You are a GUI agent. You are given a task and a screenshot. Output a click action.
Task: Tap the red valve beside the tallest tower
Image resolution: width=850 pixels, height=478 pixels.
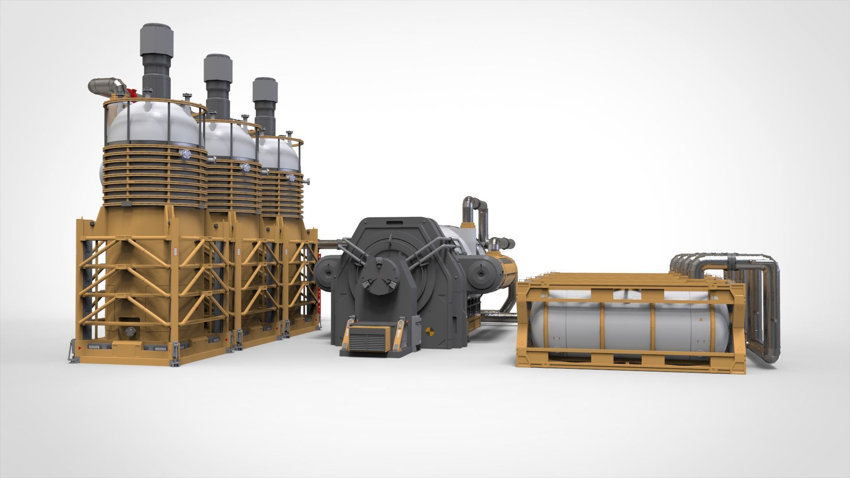click(131, 93)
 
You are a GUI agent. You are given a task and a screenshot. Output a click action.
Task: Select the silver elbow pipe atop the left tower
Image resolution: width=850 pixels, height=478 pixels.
click(106, 85)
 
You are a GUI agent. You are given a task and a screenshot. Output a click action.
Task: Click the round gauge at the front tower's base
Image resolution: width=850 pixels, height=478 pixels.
click(130, 332)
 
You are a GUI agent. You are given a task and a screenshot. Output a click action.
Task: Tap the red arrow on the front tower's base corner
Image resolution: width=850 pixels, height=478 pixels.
click(80, 348)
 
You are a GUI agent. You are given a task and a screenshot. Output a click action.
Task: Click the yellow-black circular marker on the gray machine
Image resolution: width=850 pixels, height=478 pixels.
click(428, 332)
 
